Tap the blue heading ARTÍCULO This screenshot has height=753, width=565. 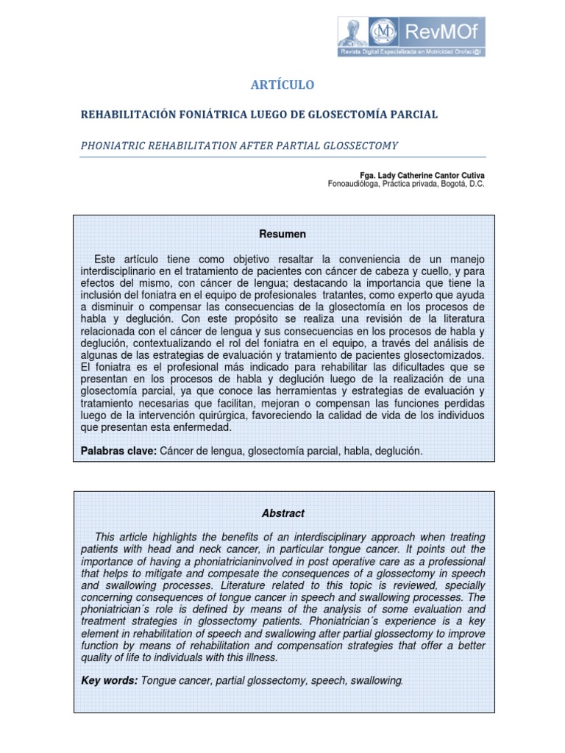click(x=282, y=85)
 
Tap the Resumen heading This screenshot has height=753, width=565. click(x=282, y=234)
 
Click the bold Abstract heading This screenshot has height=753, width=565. click(x=282, y=513)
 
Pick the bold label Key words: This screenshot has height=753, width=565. click(x=110, y=680)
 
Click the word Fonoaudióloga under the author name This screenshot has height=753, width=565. click(x=355, y=184)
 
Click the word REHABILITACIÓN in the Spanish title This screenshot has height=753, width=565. click(x=127, y=115)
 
